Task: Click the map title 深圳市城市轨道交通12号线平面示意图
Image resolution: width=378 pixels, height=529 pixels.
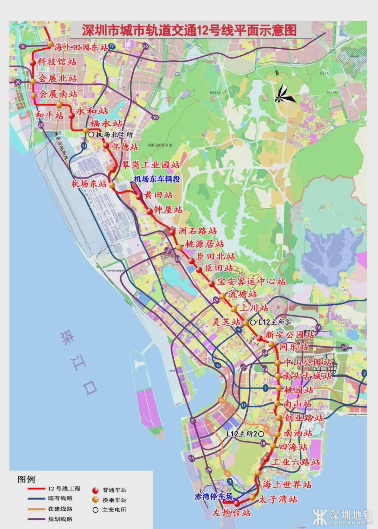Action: coord(189,29)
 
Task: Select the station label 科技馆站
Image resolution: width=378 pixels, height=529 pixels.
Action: coord(57,62)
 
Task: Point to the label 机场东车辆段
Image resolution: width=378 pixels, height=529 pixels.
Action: coord(157,179)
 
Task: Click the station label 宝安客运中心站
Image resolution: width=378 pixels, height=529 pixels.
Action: coord(251,281)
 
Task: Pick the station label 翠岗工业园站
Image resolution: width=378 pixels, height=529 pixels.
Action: coord(151,164)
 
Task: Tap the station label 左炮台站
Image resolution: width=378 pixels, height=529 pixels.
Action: coord(232,513)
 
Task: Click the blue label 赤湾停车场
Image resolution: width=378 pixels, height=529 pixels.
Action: coord(213,496)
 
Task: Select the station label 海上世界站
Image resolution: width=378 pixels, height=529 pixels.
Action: coord(287,484)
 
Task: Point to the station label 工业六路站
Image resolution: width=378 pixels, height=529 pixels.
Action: coord(296,462)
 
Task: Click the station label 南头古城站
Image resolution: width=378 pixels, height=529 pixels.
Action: coord(308,376)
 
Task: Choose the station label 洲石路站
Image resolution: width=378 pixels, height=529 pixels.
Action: coord(197,231)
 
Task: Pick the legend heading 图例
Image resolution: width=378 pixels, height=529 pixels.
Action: coord(26,479)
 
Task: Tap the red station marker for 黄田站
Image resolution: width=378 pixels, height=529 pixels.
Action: coord(139,197)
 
